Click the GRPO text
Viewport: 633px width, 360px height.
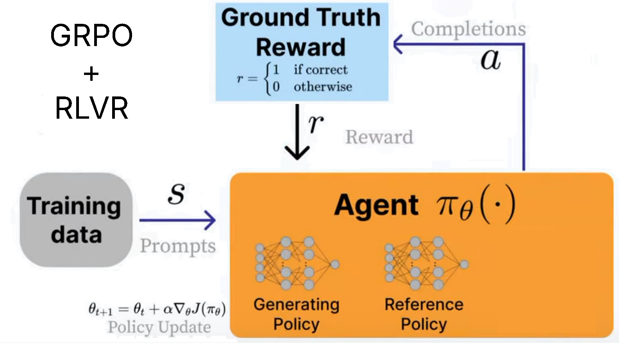click(91, 36)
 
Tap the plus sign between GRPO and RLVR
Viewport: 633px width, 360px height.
click(91, 73)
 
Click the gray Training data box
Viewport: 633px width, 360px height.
click(76, 220)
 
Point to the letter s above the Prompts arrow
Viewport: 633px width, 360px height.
click(176, 193)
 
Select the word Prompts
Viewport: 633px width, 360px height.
click(178, 246)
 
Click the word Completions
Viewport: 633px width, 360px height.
click(468, 29)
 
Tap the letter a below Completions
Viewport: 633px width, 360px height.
click(490, 59)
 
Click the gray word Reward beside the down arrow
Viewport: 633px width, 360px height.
click(379, 137)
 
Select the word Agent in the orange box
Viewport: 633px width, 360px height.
click(376, 205)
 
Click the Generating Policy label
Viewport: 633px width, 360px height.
click(296, 314)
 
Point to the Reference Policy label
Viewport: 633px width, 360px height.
click(424, 314)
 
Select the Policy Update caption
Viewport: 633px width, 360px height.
click(159, 327)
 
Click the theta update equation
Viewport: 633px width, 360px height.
click(157, 310)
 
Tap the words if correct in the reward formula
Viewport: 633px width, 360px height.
click(320, 70)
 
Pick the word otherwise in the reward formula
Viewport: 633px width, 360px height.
click(323, 87)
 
